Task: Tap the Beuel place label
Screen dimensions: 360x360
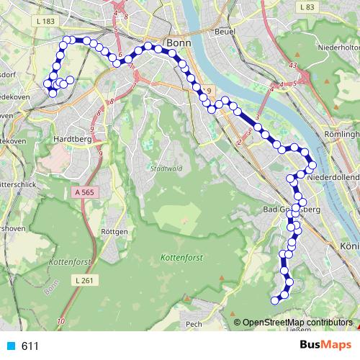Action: click(x=225, y=32)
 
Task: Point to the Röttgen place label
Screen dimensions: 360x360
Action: click(x=115, y=232)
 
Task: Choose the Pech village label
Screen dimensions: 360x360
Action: click(x=193, y=325)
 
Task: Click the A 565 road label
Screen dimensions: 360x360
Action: click(x=84, y=192)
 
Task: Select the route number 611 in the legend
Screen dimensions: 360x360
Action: click(x=30, y=346)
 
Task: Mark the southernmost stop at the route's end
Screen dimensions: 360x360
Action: click(x=274, y=300)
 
